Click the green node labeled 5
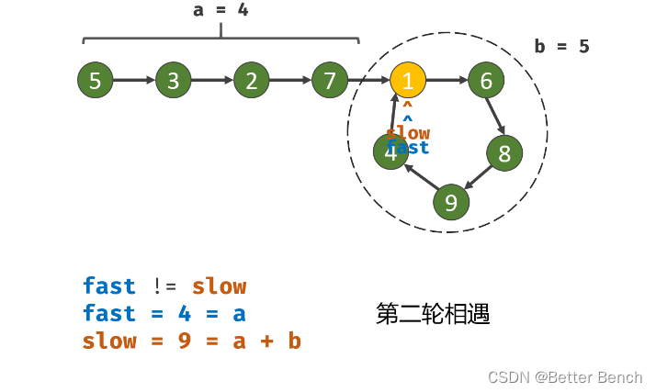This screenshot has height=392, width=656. tap(95, 81)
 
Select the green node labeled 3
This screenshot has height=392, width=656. tap(173, 81)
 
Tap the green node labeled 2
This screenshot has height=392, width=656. tap(251, 81)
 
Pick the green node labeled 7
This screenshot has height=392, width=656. tap(329, 81)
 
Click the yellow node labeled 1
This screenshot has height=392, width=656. tap(408, 81)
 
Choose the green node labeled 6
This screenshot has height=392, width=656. tap(486, 81)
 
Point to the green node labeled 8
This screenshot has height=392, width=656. tap(504, 153)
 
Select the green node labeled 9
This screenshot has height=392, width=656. tap(450, 201)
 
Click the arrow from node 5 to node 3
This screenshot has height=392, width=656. tap(134, 81)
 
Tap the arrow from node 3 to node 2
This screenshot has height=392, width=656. tap(212, 81)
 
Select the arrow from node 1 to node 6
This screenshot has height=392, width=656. tap(447, 81)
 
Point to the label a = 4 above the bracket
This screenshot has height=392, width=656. tap(221, 10)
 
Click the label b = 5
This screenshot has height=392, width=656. tap(561, 46)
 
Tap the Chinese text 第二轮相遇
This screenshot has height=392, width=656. tap(432, 314)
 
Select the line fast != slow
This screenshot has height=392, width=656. tap(164, 286)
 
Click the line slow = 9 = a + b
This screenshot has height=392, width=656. tap(191, 341)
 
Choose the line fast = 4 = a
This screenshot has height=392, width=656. tap(164, 314)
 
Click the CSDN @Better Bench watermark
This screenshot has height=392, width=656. tap(564, 377)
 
